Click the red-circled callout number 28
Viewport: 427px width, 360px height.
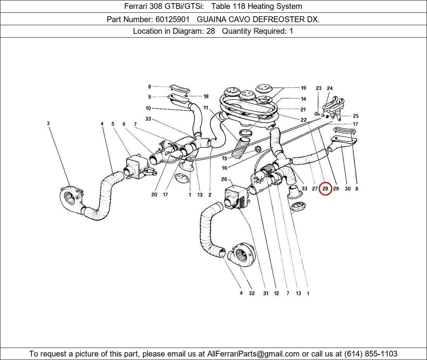point(325,189)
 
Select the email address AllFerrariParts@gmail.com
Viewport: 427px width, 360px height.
point(253,354)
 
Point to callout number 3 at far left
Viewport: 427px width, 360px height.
point(49,123)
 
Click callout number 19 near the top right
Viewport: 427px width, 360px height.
point(303,88)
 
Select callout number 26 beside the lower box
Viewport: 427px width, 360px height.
point(224,179)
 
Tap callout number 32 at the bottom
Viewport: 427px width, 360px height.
point(252,293)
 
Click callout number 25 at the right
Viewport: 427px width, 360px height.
point(356,116)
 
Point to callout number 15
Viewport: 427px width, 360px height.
point(224,159)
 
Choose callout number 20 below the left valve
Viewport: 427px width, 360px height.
point(154,195)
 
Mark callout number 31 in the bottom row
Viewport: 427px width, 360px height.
point(266,293)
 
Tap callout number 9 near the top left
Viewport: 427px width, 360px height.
point(149,97)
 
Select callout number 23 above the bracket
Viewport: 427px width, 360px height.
point(318,88)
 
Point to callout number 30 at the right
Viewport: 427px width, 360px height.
point(347,189)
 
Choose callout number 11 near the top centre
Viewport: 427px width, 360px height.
point(206,108)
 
